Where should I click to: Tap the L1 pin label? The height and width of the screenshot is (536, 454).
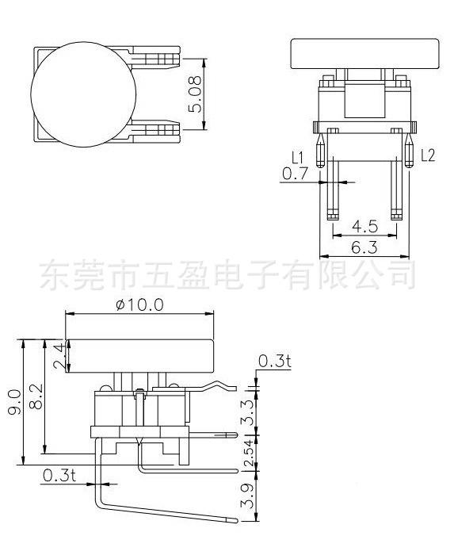pos(297,155)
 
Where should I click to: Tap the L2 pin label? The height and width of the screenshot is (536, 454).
pos(428,155)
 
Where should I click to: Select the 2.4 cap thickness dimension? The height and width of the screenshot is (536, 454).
pos(57,357)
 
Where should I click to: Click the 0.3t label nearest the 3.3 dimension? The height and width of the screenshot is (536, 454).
pos(274,362)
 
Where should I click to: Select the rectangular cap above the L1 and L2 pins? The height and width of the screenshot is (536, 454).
pos(364,53)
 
